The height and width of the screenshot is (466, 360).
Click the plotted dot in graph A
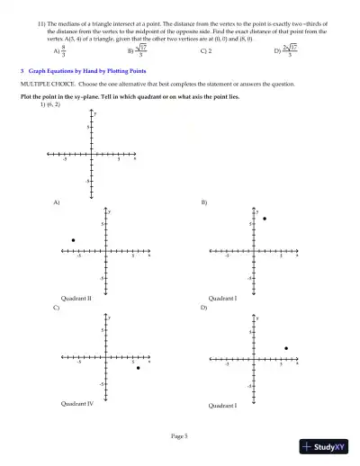pos(73,240)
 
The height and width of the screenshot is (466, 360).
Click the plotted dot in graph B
pos(265,219)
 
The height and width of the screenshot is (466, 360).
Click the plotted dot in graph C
pos(138,368)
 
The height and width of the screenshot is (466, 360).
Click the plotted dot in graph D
pos(285,348)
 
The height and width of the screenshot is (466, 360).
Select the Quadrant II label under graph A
pos(76,297)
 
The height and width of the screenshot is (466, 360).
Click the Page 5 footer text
pos(180,435)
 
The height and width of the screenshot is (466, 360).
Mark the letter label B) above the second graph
pos(203,202)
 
